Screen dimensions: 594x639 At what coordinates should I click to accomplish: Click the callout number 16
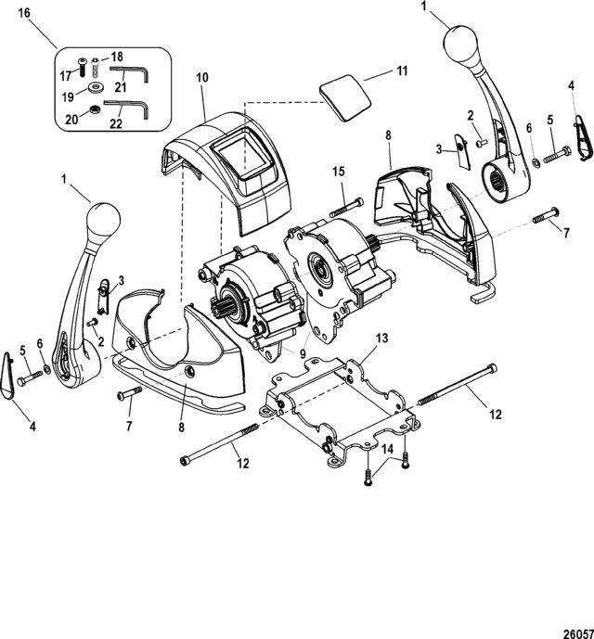pyautogui.click(x=24, y=13)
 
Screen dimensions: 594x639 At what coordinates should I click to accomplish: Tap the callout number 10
pyautogui.click(x=202, y=77)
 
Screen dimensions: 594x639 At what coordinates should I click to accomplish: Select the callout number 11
pyautogui.click(x=402, y=70)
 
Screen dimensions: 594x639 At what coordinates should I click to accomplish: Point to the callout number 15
pyautogui.click(x=338, y=172)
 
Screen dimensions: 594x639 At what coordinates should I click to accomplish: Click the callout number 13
pyautogui.click(x=382, y=338)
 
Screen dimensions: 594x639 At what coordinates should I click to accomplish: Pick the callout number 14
pyautogui.click(x=387, y=450)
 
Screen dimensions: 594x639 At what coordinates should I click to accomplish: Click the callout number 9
pyautogui.click(x=303, y=353)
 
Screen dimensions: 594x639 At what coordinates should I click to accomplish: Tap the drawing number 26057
pyautogui.click(x=578, y=633)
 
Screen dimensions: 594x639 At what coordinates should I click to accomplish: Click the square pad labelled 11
pyautogui.click(x=345, y=97)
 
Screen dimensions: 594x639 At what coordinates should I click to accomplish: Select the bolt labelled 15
pyautogui.click(x=346, y=207)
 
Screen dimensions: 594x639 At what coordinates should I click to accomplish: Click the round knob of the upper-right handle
pyautogui.click(x=461, y=44)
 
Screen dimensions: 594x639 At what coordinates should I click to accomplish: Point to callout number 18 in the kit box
pyautogui.click(x=117, y=57)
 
